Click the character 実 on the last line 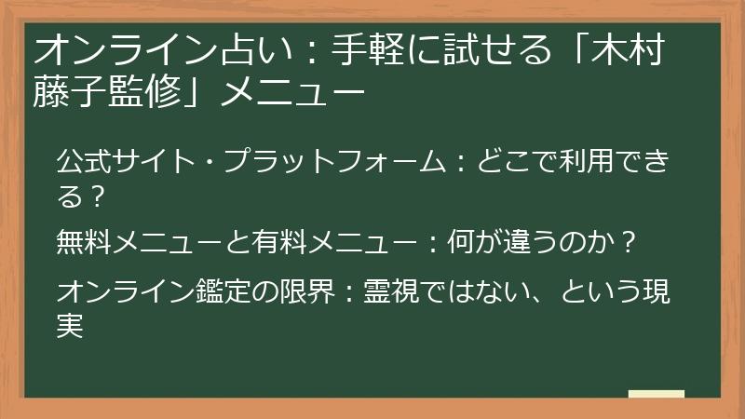point(70,326)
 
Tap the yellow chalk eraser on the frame point(656,395)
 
